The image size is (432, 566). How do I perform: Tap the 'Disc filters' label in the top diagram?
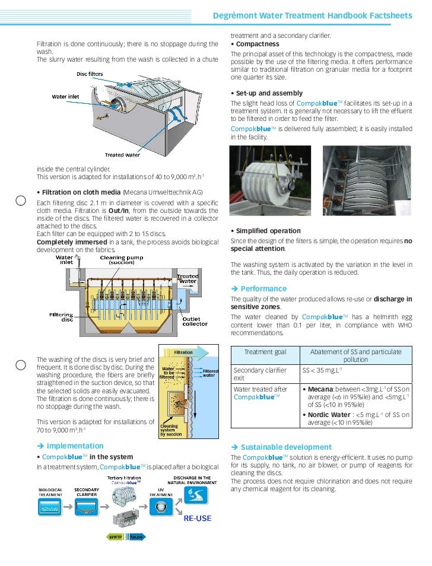(90, 74)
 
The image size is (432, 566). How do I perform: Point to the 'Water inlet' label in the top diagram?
(65, 96)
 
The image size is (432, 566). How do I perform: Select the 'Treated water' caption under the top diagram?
(122, 155)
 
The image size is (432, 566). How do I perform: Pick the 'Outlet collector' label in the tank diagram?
(195, 321)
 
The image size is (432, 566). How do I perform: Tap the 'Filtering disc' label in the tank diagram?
(61, 317)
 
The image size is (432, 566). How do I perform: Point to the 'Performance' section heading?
(263, 289)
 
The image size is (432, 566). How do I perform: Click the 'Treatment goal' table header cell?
(265, 352)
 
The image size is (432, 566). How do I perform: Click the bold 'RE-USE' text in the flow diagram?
(197, 518)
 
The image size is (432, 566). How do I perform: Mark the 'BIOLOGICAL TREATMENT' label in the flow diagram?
(50, 492)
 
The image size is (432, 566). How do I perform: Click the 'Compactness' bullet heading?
(258, 44)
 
